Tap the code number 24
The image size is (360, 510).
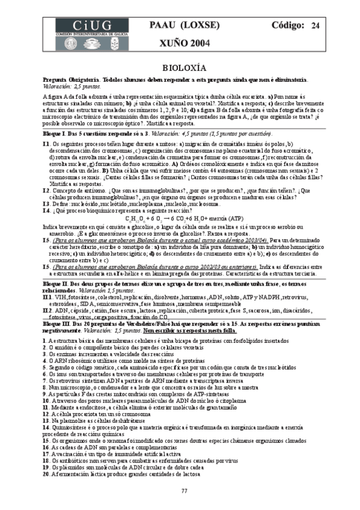315,25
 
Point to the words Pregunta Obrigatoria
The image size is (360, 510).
66,80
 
